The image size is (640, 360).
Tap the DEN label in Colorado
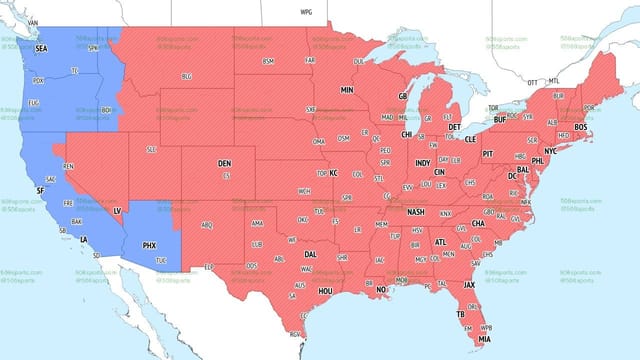coord(225,162)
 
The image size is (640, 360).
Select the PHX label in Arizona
coord(150,244)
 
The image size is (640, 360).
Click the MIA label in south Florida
coord(484,337)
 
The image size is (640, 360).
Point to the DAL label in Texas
coord(311,254)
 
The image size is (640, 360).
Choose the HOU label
coord(325,290)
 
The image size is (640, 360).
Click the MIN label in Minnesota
coord(348,90)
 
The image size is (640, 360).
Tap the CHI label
coord(407,134)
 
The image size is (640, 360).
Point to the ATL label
coord(439,241)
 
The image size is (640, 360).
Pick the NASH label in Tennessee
coord(417,212)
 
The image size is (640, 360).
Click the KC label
coord(334,173)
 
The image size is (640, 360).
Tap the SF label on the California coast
coord(40,190)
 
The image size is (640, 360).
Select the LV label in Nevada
coord(117,211)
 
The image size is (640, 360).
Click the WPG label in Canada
coord(306,11)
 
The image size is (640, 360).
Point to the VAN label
coord(32,21)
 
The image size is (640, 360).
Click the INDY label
coord(423,162)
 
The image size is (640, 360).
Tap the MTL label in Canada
coord(554,82)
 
